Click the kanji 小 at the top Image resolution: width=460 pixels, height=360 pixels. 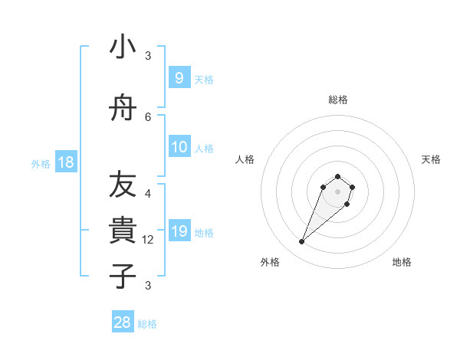(123, 47)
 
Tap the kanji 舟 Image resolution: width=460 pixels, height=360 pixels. (123, 110)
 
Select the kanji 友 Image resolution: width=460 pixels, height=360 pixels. (123, 184)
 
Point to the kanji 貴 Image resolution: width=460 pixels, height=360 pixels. (123, 229)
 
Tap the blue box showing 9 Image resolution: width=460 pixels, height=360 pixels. (179, 77)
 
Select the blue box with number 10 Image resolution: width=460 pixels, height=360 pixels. (179, 147)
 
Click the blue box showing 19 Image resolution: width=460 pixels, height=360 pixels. (179, 231)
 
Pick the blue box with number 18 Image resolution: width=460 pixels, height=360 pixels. (66, 162)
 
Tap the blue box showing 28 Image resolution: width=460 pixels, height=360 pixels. (123, 322)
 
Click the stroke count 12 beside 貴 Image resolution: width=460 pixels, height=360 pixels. (149, 240)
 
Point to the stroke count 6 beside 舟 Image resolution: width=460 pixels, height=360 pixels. (148, 116)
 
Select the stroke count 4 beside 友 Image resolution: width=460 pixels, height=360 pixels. (148, 194)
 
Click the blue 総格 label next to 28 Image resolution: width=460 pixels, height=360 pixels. (147, 324)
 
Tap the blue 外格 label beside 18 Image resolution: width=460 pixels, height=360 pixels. (40, 164)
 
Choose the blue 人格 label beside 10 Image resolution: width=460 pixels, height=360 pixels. (204, 149)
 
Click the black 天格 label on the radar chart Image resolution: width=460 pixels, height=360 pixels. (431, 159)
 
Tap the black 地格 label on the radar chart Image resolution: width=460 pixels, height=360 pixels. (402, 262)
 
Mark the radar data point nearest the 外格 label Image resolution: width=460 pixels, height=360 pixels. (302, 242)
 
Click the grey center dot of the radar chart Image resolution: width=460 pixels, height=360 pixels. (337, 191)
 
